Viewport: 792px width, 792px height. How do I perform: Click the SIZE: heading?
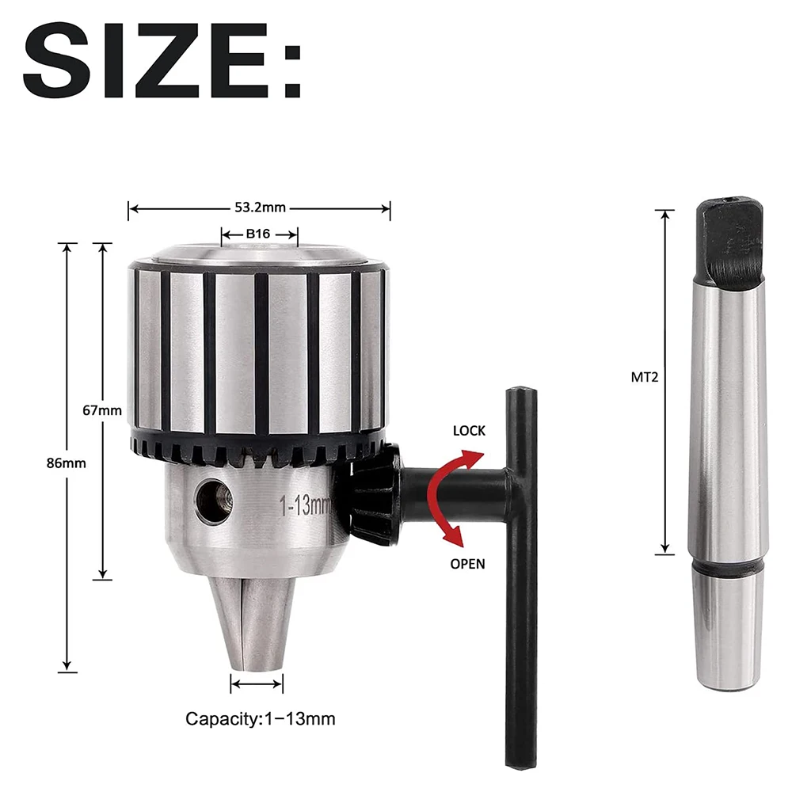click(162, 61)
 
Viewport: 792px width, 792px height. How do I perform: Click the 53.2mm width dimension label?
click(259, 208)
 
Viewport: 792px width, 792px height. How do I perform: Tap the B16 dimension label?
click(259, 234)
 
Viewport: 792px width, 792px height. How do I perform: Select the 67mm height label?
click(102, 409)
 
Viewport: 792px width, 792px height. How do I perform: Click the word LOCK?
click(469, 432)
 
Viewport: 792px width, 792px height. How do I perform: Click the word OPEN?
click(467, 564)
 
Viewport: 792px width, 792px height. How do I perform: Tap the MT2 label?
click(645, 378)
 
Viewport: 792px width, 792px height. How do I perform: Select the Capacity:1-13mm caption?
click(260, 719)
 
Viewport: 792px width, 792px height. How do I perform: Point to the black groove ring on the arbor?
click(727, 567)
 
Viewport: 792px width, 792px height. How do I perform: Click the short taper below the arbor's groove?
click(727, 634)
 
